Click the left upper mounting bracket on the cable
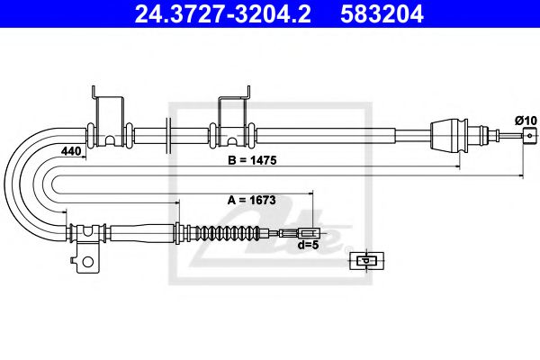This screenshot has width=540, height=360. tap(107, 117)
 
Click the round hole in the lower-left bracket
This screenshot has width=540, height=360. tap(87, 263)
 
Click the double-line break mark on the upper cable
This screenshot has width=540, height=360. tap(168, 135)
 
